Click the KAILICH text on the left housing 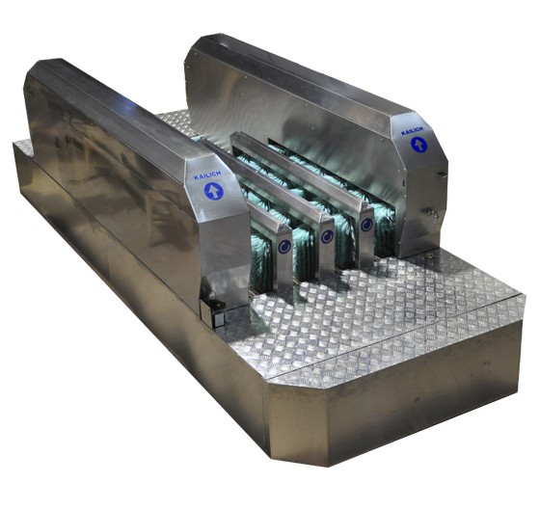[x=207, y=175]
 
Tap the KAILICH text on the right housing [x=412, y=131]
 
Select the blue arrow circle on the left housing [x=214, y=191]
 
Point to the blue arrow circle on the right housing [x=418, y=145]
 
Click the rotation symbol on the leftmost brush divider [x=284, y=246]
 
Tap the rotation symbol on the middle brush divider [x=327, y=236]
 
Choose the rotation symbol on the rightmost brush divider [x=366, y=225]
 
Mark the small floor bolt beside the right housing [x=429, y=255]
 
